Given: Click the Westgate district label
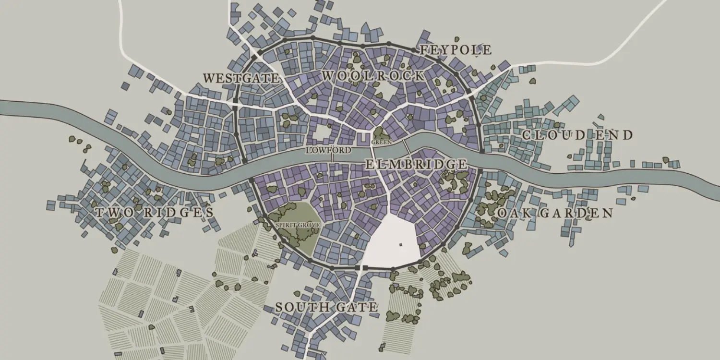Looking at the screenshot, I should (240, 78).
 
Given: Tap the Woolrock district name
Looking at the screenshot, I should (373, 76).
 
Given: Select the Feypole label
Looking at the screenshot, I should (456, 50).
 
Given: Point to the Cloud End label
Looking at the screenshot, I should (577, 135).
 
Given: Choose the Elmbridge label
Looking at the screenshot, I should (416, 165).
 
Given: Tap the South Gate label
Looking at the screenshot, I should (326, 307).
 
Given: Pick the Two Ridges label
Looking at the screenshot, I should (154, 213).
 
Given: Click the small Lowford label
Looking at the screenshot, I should (329, 151).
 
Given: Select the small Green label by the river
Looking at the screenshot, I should (382, 142).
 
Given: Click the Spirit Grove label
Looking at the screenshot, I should (298, 225).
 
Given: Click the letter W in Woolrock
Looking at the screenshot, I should (328, 76).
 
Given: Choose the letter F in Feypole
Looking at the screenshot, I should (424, 50).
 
